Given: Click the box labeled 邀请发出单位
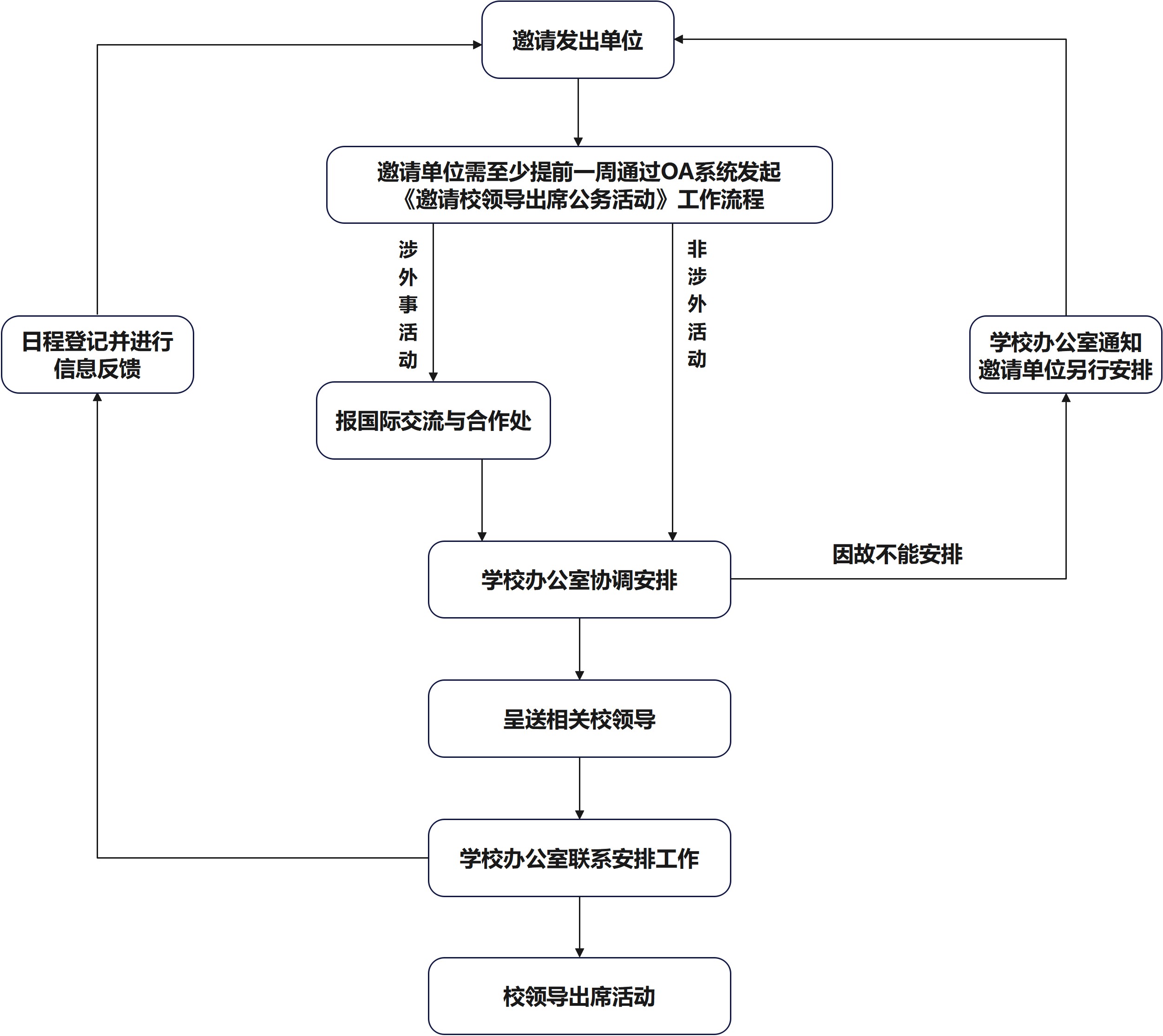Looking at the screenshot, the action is [x=578, y=40].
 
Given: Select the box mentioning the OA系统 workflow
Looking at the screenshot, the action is [x=579, y=185].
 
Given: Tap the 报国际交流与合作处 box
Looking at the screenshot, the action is [x=434, y=421].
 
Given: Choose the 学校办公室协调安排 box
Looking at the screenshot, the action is [x=579, y=580].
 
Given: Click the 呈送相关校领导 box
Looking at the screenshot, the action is [x=579, y=718].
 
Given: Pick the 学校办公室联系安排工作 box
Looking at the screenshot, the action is [x=579, y=858].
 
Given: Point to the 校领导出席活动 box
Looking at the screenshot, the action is [x=579, y=996].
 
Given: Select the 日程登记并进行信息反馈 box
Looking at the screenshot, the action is [x=98, y=355].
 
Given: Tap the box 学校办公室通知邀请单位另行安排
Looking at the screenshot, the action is [x=1065, y=355].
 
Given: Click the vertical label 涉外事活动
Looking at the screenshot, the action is [x=408, y=305].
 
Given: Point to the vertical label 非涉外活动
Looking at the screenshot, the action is [x=696, y=304].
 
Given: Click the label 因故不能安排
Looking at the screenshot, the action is [x=897, y=554].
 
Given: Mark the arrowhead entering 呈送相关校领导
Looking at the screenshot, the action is [x=580, y=676].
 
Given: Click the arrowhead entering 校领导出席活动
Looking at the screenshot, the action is [x=580, y=953].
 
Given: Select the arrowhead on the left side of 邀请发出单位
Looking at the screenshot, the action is [x=477, y=45].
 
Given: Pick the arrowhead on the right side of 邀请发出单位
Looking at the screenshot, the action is [x=679, y=39].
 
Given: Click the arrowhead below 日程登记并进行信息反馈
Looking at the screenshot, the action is [x=98, y=397].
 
